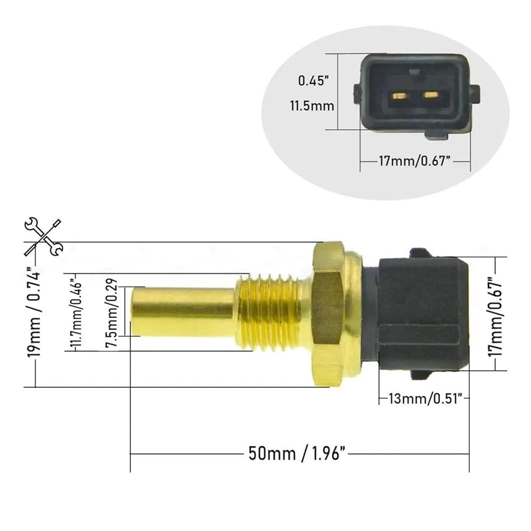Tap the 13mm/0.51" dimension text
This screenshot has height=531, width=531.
425,399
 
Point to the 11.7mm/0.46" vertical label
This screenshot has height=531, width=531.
76,312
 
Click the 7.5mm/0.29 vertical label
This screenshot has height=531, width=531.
112,312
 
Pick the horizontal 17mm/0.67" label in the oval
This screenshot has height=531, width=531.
415,161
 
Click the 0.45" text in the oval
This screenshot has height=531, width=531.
313,81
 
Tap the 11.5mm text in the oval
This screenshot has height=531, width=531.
312,106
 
